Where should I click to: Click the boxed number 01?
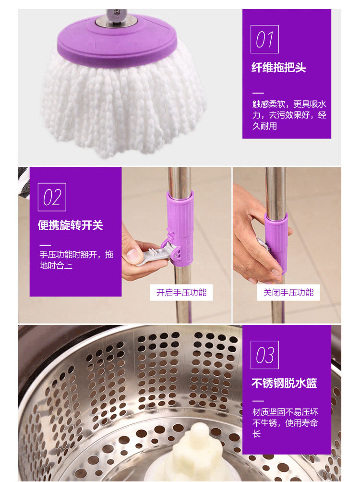(264, 39)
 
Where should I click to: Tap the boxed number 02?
(52, 197)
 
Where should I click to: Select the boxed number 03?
(264, 355)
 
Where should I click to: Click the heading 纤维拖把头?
(278, 67)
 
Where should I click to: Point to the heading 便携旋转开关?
(71, 225)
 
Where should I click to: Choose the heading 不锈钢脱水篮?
(284, 383)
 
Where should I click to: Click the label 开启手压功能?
(181, 292)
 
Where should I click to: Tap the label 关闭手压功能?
(288, 292)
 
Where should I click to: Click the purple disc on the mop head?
(117, 40)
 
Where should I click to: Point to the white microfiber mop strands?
(123, 104)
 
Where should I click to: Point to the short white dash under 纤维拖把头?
(258, 93)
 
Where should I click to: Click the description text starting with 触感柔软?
(289, 115)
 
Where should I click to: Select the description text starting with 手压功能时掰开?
(76, 260)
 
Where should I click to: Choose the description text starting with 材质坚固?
(285, 423)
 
